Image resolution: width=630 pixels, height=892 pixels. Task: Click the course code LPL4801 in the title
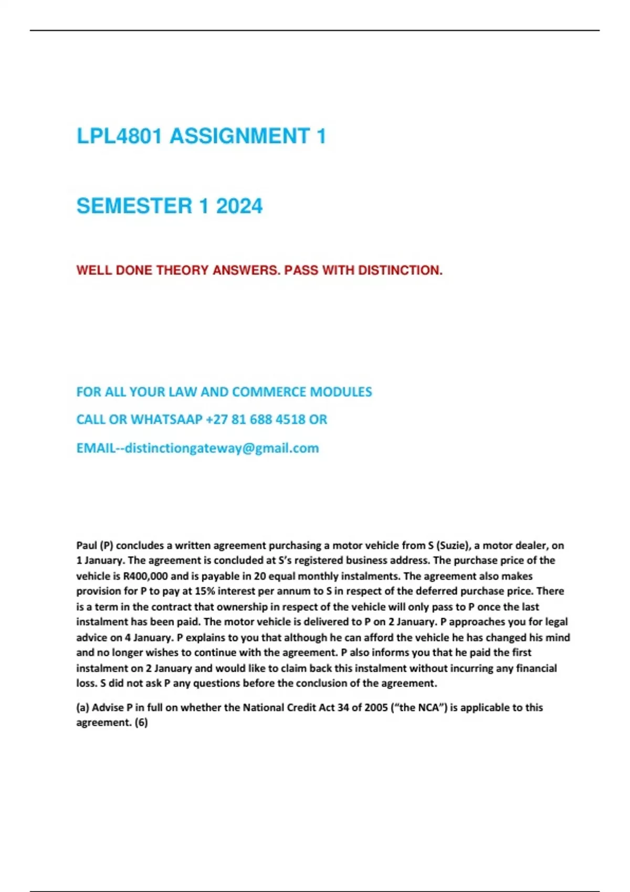click(119, 136)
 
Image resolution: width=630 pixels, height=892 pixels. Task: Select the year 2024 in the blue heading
click(239, 206)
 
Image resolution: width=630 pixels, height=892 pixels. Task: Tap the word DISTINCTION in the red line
click(400, 270)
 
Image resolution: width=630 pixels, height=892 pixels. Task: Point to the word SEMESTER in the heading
click(134, 206)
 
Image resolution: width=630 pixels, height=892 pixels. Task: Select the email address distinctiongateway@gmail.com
click(222, 448)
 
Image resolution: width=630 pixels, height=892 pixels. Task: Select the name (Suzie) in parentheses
click(452, 545)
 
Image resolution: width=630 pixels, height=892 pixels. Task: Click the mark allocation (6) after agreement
click(141, 723)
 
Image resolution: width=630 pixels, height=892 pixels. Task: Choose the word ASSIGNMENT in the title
click(239, 136)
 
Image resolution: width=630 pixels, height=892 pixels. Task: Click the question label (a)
click(83, 707)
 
